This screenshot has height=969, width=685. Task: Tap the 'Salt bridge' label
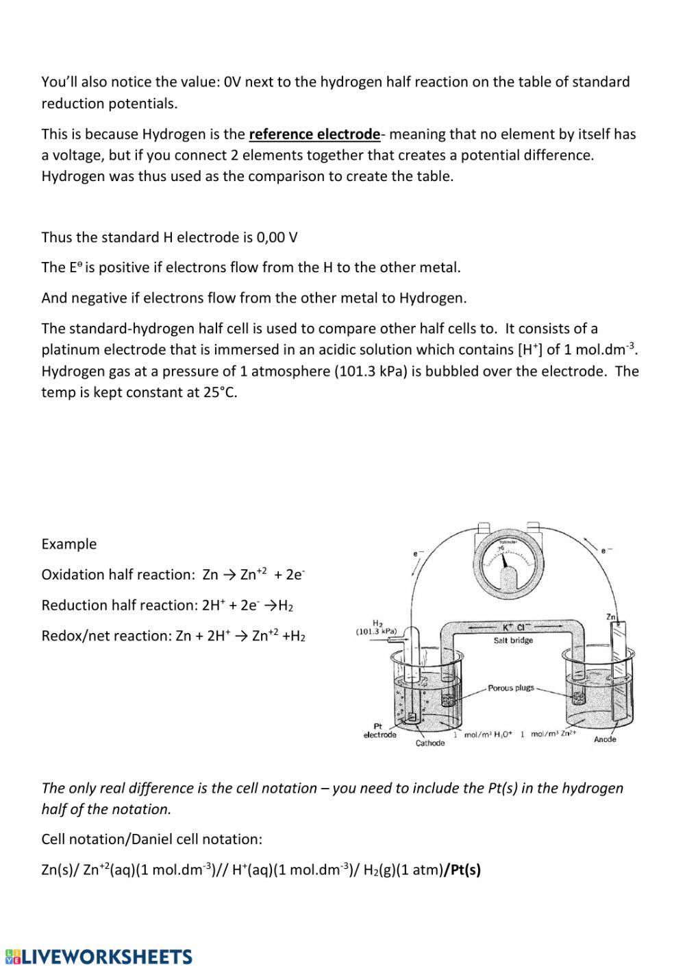(x=513, y=641)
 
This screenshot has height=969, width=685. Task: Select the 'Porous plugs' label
(x=510, y=688)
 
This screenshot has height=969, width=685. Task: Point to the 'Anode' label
(x=605, y=739)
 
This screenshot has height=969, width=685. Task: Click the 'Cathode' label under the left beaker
(x=430, y=743)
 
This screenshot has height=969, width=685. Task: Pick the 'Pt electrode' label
(x=379, y=731)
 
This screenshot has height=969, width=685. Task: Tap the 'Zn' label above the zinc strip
(x=612, y=617)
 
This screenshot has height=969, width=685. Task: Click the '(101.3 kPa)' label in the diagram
(x=377, y=631)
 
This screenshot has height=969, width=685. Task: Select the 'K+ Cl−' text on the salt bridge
(x=516, y=627)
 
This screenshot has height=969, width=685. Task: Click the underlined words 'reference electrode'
(x=314, y=134)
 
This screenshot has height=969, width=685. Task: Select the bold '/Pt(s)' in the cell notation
(x=462, y=870)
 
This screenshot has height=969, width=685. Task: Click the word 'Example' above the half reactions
(x=68, y=544)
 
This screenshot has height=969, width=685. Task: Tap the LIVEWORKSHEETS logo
(x=99, y=957)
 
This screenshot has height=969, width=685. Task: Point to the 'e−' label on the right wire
(x=606, y=550)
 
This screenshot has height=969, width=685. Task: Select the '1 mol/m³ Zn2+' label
(x=548, y=734)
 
